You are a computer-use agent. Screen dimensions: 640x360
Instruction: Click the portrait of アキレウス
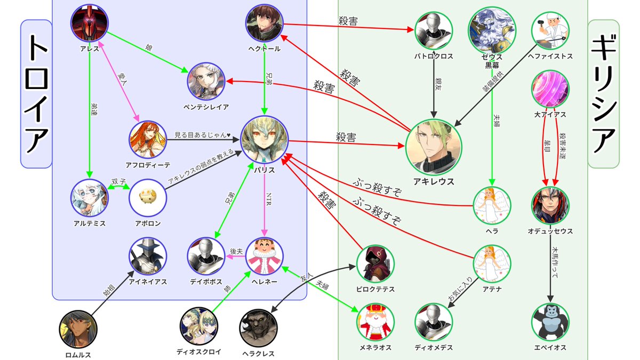coord(434,146)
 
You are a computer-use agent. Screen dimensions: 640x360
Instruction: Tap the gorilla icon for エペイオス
coord(550,322)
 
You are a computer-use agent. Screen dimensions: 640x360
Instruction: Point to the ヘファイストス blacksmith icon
coord(550,30)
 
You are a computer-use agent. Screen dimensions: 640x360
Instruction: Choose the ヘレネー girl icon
coord(265,255)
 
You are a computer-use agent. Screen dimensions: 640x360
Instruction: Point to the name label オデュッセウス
coord(550,231)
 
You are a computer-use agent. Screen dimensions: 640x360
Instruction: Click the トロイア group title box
coord(36,93)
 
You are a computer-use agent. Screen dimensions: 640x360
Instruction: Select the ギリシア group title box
coord(604,93)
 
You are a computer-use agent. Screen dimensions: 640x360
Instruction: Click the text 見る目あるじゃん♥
coord(202,134)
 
